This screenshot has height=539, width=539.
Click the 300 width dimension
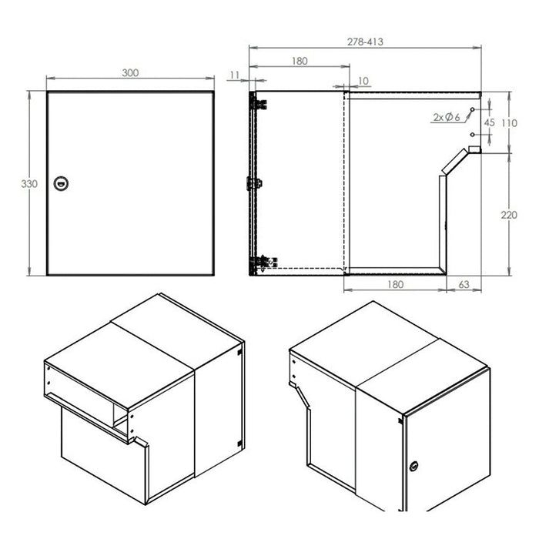click(130, 72)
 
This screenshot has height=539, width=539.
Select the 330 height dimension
click(29, 184)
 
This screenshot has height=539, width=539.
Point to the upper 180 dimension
click(300, 61)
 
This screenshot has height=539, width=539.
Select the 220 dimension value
click(509, 215)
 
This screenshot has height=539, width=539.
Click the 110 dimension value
click(509, 123)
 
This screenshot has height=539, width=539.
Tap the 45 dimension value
click(489, 122)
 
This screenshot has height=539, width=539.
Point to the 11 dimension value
click(235, 75)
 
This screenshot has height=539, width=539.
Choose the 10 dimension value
click(363, 80)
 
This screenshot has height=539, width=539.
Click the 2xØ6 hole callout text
click(446, 117)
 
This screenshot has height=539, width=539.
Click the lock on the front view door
click(61, 182)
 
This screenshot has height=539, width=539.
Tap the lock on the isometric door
click(415, 466)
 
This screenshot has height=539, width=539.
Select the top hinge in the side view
click(258, 102)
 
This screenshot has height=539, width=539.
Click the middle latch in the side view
click(254, 183)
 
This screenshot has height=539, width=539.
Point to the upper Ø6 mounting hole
click(472, 111)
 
